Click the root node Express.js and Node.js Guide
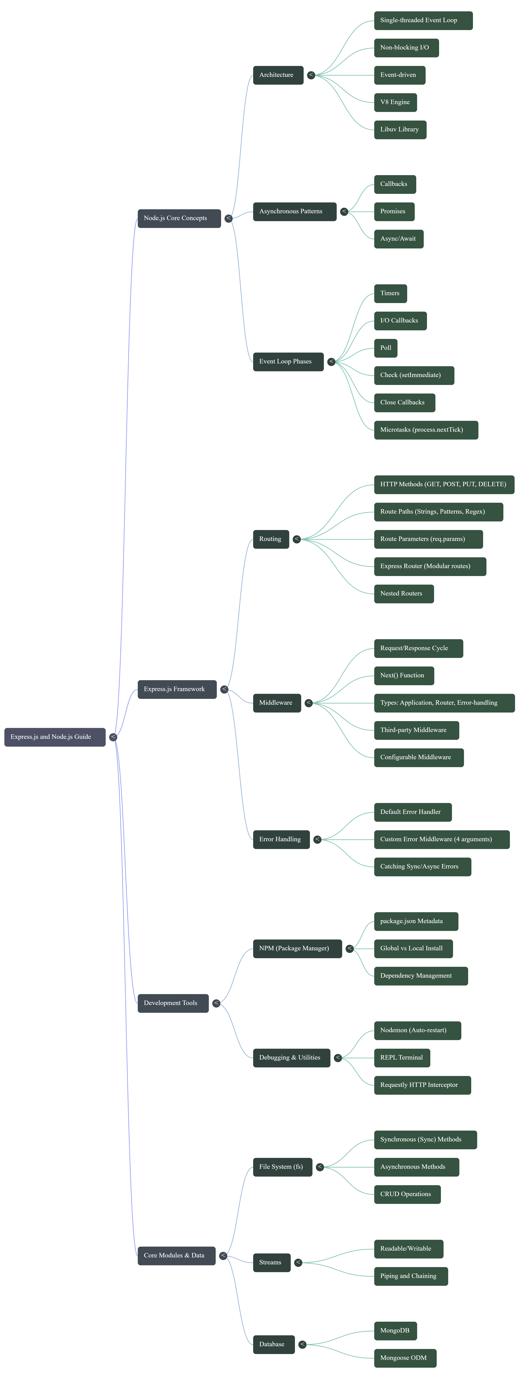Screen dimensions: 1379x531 55,737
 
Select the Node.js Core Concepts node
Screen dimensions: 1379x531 179,218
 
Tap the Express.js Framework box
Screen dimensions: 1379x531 177,689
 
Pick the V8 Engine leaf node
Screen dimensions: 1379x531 395,102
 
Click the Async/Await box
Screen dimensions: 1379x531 398,239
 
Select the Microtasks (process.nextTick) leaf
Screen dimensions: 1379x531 426,430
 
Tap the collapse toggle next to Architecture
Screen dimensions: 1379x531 311,75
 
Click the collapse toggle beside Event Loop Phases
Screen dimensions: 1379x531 331,362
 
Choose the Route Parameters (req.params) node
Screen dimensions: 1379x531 428,539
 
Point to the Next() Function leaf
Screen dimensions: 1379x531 404,676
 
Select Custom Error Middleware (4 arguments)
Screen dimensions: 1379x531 441,839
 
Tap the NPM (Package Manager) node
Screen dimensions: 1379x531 297,949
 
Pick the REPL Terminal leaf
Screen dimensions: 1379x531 401,1058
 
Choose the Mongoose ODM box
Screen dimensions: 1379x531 405,1358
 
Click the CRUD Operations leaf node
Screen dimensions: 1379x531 407,1194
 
